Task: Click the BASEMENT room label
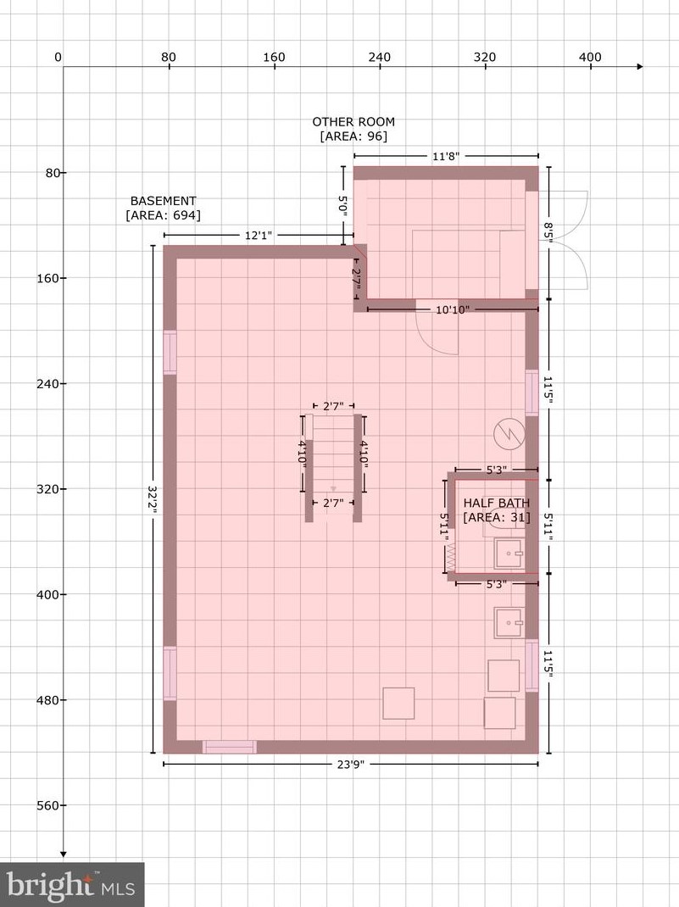[163, 201]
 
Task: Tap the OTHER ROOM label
[353, 121]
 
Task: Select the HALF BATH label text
[496, 504]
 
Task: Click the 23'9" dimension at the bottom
[350, 764]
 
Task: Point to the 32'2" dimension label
[153, 500]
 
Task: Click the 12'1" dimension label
[259, 236]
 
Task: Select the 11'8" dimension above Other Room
[446, 156]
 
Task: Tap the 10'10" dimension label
[453, 309]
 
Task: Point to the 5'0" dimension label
[343, 206]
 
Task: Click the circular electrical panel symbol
[509, 434]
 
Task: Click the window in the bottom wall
[230, 747]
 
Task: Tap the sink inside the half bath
[509, 554]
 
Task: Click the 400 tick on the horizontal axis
[591, 58]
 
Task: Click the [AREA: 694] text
[163, 215]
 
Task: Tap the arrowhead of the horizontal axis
[640, 67]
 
